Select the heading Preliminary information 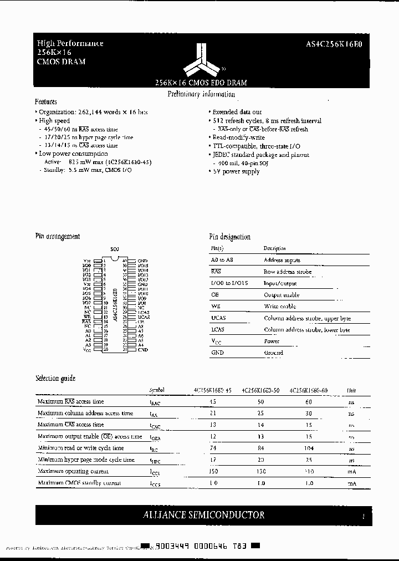click(201, 94)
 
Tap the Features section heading click(46, 101)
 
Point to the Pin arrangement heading click(58, 236)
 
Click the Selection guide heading click(55, 378)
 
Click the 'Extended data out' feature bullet click(237, 112)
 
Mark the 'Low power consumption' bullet click(73, 154)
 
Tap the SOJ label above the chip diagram click(115, 250)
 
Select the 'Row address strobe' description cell click(288, 272)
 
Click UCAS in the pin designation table click(218, 318)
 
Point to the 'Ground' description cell click(274, 353)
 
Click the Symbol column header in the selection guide click(157, 390)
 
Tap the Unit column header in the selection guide click(351, 390)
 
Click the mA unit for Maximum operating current click(351, 471)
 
